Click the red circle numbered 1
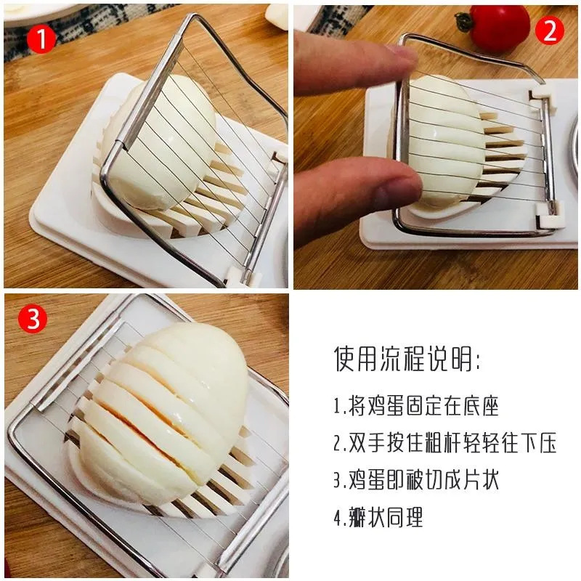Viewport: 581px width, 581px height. click(x=41, y=38)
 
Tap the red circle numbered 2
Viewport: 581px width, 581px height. click(x=550, y=31)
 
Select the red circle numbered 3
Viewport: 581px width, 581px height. click(x=33, y=319)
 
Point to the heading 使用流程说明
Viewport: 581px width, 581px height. click(x=407, y=359)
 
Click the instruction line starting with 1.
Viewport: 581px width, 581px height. click(x=416, y=406)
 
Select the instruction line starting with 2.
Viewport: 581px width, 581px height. click(x=444, y=443)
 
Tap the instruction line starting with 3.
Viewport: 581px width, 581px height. click(x=416, y=480)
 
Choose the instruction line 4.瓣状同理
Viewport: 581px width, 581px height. click(x=378, y=517)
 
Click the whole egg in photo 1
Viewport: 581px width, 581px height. click(x=159, y=142)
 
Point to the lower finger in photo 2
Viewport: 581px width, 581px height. click(x=356, y=200)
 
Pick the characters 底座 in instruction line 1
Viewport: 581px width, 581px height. click(x=481, y=406)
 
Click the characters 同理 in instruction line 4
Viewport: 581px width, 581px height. click(x=405, y=517)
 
